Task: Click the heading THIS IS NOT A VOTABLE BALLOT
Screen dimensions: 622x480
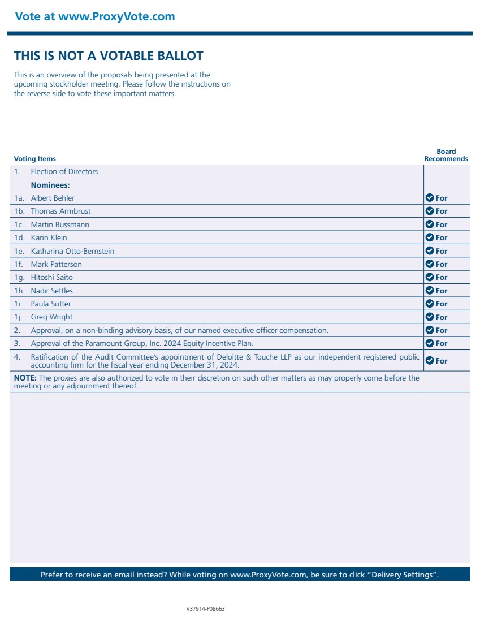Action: click(109, 56)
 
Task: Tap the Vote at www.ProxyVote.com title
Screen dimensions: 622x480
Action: click(95, 16)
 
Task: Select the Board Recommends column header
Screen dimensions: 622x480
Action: click(446, 155)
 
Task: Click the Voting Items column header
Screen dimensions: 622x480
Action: click(35, 159)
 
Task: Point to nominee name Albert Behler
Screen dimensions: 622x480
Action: click(53, 198)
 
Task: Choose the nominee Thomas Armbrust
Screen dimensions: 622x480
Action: click(60, 211)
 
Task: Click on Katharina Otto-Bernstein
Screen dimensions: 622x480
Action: click(72, 251)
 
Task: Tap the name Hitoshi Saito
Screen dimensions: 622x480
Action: click(51, 277)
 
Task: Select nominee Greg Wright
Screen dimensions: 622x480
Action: click(51, 317)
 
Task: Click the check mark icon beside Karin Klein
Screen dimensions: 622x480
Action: click(429, 237)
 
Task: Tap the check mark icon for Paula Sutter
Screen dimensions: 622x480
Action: click(429, 304)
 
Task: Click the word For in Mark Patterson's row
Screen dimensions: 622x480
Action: click(442, 264)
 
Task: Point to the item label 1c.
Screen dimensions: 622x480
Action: click(20, 224)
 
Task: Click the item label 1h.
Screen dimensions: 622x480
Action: click(20, 291)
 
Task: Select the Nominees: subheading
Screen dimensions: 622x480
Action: click(50, 185)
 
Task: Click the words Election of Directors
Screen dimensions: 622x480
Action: click(64, 171)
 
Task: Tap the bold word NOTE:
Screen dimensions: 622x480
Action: click(25, 378)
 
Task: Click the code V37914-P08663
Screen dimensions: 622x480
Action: click(206, 609)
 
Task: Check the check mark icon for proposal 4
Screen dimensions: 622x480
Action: click(429, 360)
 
